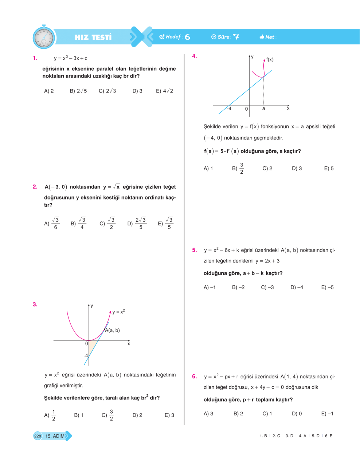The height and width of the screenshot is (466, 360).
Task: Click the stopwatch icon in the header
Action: (x=43, y=37)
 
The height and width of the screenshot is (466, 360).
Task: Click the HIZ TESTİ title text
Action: (x=93, y=37)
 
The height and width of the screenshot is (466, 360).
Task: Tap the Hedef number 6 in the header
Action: (x=187, y=37)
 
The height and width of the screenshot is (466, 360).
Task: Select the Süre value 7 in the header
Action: (x=236, y=37)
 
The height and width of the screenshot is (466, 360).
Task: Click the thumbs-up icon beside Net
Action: (x=262, y=37)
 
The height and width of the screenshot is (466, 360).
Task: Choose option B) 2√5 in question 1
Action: (x=78, y=91)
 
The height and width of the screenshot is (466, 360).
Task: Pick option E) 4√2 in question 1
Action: (x=165, y=91)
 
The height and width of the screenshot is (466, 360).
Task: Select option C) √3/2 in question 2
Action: (x=107, y=224)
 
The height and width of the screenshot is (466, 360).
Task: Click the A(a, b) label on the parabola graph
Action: (x=112, y=330)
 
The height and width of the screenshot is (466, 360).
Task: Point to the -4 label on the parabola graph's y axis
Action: (x=86, y=355)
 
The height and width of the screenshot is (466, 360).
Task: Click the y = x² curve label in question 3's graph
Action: (x=118, y=312)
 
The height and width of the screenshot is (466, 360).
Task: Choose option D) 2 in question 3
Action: (x=137, y=415)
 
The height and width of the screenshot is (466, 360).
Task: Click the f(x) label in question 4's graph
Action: (x=270, y=60)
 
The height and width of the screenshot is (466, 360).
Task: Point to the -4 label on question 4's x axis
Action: (x=229, y=108)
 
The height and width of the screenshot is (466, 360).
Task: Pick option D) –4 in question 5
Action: (x=297, y=287)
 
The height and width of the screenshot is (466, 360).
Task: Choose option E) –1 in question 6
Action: (x=327, y=414)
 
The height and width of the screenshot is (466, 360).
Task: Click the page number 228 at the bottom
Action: (x=38, y=436)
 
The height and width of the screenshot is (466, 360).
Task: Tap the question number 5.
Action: (x=194, y=250)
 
